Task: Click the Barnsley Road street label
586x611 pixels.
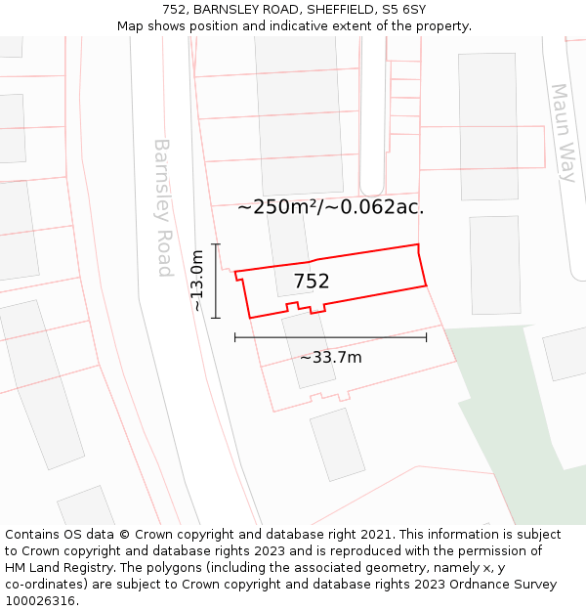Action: click(x=163, y=207)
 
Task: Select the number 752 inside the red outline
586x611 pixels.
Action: click(x=312, y=282)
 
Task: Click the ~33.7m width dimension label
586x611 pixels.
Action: click(x=330, y=358)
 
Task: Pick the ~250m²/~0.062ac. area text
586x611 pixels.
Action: click(x=330, y=207)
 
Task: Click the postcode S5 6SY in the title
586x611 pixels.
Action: click(x=404, y=9)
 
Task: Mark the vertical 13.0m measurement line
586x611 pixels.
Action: click(x=216, y=281)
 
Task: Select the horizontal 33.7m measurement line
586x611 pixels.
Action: click(x=330, y=338)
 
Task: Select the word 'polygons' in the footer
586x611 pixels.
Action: click(x=188, y=568)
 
